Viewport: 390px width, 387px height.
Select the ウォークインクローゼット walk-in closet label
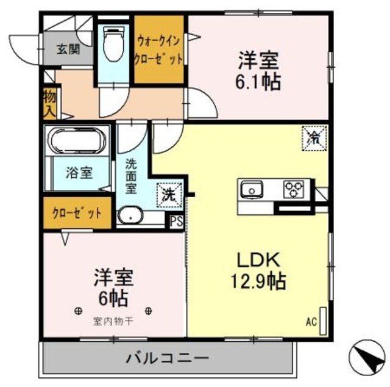pyautogui.click(x=160, y=51)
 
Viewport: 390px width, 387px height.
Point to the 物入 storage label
pyautogui.click(x=49, y=103)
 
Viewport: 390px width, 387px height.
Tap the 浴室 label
pyautogui.click(x=79, y=173)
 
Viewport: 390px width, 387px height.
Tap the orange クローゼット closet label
pyautogui.click(x=77, y=213)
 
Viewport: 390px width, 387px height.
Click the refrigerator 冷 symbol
pyautogui.click(x=314, y=137)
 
